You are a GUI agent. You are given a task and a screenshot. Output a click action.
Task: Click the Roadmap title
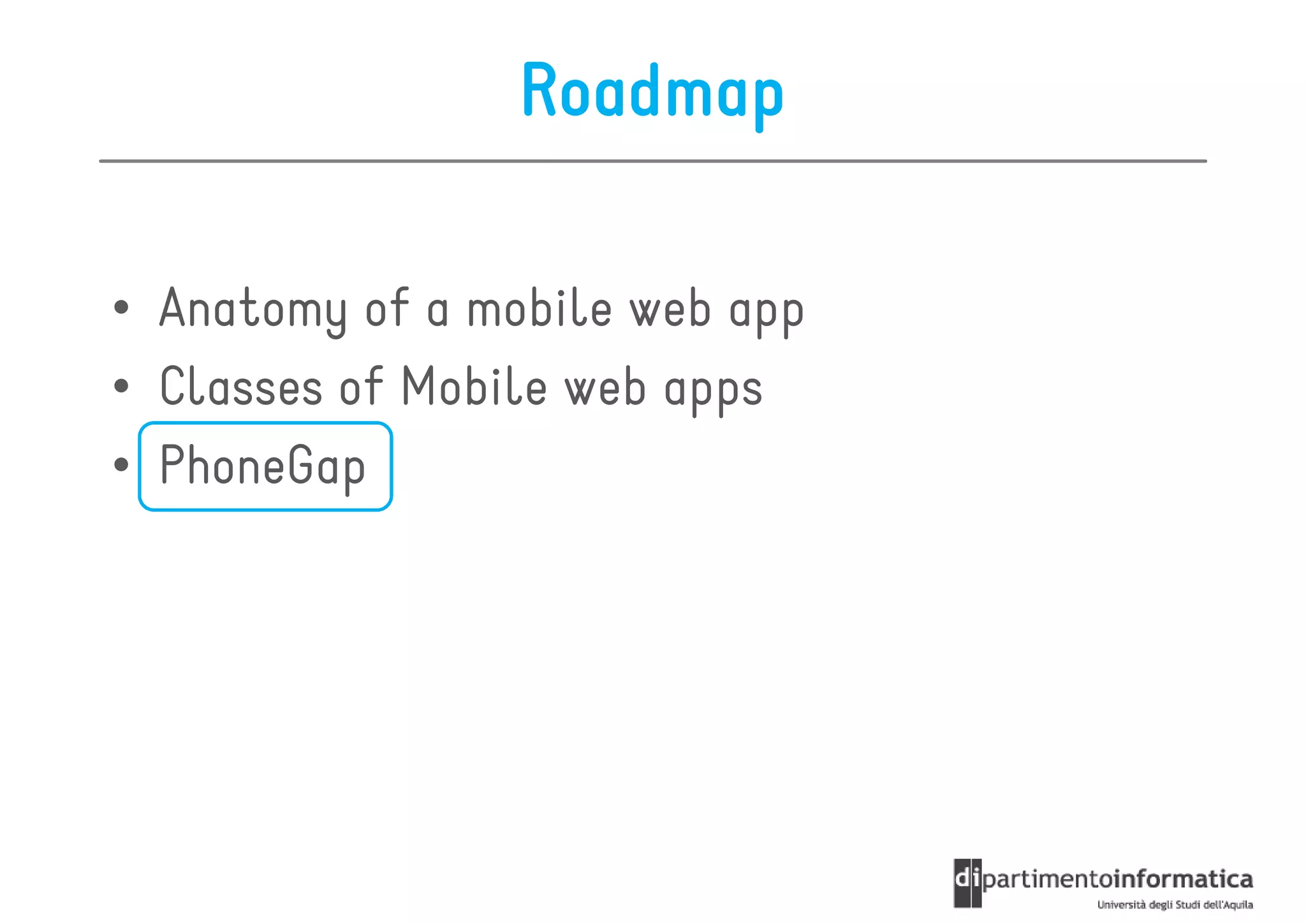coord(652,92)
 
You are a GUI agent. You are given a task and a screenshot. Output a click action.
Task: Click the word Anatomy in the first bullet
coord(253,309)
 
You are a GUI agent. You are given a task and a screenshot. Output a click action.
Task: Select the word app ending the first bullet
coord(766,313)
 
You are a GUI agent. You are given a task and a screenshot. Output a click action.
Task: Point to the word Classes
coord(241,387)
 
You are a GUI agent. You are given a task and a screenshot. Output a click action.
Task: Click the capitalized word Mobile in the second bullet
coord(474,387)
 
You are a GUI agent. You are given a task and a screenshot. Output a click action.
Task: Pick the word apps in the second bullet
coord(713,390)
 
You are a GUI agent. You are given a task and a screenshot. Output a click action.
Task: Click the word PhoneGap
coord(262,466)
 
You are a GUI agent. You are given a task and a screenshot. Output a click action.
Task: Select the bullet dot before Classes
coord(121,386)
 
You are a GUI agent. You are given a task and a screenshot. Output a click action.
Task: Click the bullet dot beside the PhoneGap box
coord(121,464)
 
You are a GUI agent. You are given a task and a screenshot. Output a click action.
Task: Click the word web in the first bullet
coord(670,309)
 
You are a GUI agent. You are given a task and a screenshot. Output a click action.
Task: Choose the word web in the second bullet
coord(605,388)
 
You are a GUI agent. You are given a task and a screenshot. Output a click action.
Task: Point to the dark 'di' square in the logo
coord(967,883)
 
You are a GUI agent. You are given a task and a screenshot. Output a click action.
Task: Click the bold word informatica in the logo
coord(1183,880)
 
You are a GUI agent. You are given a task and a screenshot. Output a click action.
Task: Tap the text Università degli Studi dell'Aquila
coord(1175,905)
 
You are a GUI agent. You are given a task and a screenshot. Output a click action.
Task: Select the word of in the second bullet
coord(361,387)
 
